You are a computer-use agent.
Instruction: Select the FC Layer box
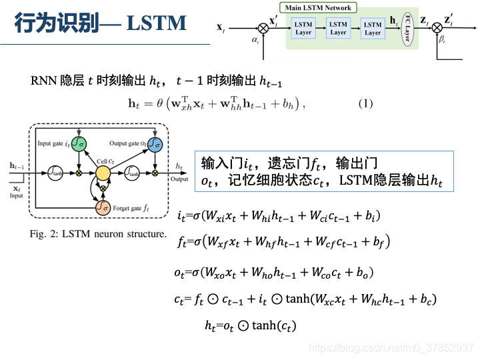pos(405,29)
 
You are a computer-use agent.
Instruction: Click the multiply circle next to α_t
pos(263,27)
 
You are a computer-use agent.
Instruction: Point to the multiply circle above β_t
pos(437,27)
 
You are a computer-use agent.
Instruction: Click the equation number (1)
pos(366,103)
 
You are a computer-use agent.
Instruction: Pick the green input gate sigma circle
pos(79,143)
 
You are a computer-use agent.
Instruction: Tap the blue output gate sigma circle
pos(155,143)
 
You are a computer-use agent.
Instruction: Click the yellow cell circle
pos(103,173)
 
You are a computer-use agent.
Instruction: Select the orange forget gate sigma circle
pos(102,208)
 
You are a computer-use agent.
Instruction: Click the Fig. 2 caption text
pos(97,234)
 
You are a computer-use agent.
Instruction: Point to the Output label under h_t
pos(179,179)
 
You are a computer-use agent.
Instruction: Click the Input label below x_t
pos(16,195)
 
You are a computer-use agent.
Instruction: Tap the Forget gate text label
pos(127,209)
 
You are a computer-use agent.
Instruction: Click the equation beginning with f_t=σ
pos(283,241)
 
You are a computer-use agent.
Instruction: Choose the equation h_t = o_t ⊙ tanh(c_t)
pos(250,325)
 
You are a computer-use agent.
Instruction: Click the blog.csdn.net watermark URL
pos(393,348)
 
